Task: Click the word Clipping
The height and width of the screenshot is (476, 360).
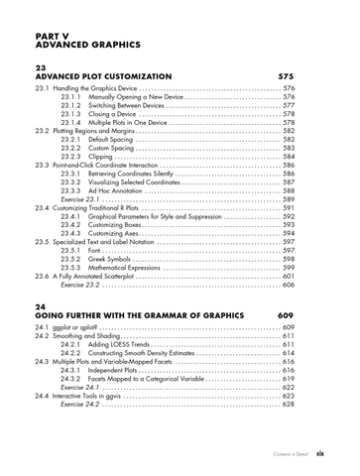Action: coord(103,156)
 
